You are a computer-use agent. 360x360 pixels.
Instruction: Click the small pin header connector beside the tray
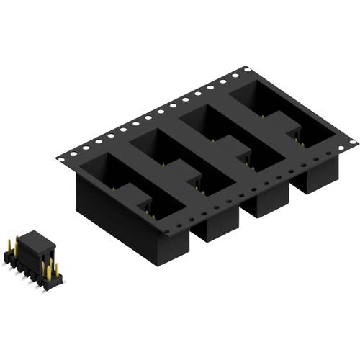click(x=33, y=259)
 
